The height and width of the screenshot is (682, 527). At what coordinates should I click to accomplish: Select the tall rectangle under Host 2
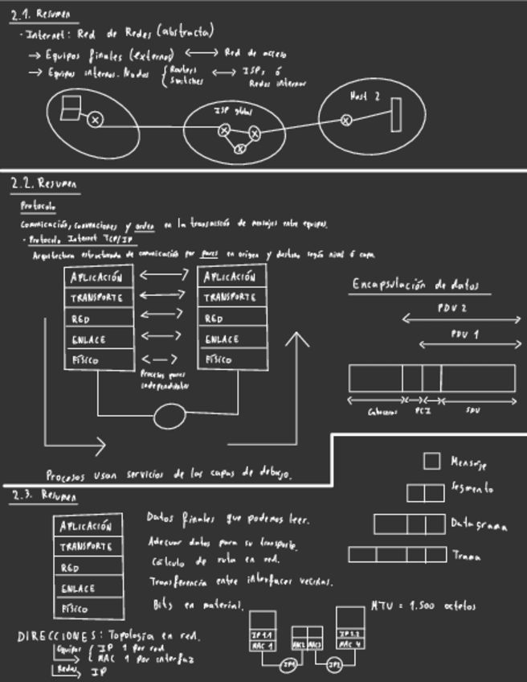(395, 113)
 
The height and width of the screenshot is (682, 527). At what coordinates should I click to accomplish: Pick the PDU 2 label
(452, 308)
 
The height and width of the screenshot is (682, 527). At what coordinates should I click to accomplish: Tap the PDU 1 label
(464, 334)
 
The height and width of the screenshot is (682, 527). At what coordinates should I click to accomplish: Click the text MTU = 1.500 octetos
(424, 606)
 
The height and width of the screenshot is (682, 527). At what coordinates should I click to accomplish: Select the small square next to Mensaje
(431, 461)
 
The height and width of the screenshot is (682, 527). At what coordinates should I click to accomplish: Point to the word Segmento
(472, 488)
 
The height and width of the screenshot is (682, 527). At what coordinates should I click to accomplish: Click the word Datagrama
(479, 525)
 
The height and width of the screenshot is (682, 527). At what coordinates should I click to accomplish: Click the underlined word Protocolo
(38, 206)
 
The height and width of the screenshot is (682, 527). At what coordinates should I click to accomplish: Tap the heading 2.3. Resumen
(44, 496)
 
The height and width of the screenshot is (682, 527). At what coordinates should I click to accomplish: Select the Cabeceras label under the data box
(382, 411)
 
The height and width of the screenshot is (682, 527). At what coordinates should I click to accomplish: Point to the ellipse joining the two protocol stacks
(169, 415)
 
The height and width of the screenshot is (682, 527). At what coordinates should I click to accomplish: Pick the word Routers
(184, 70)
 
